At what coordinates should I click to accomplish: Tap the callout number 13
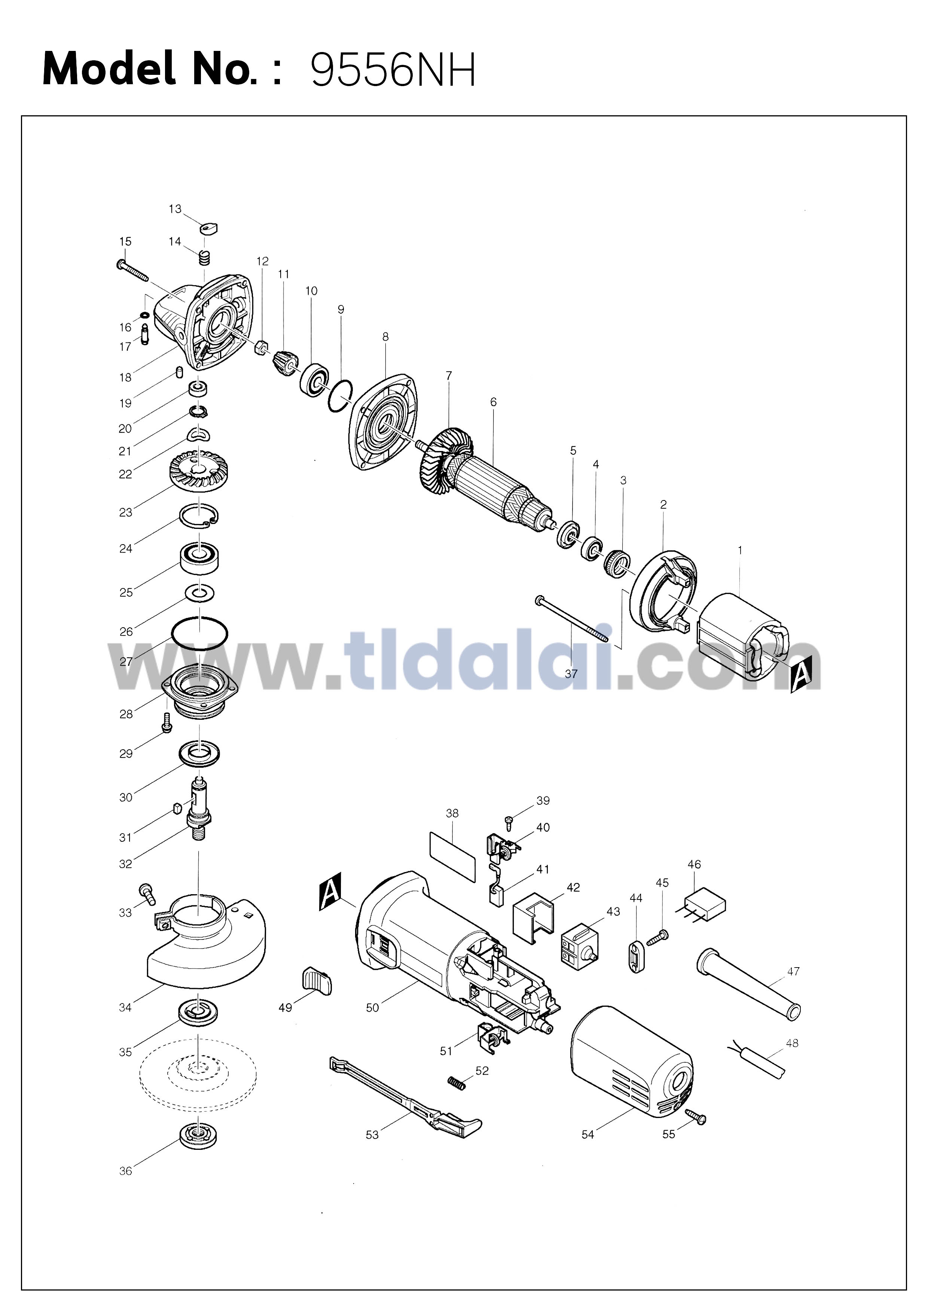click(x=175, y=209)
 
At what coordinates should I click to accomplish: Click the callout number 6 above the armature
click(x=494, y=403)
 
